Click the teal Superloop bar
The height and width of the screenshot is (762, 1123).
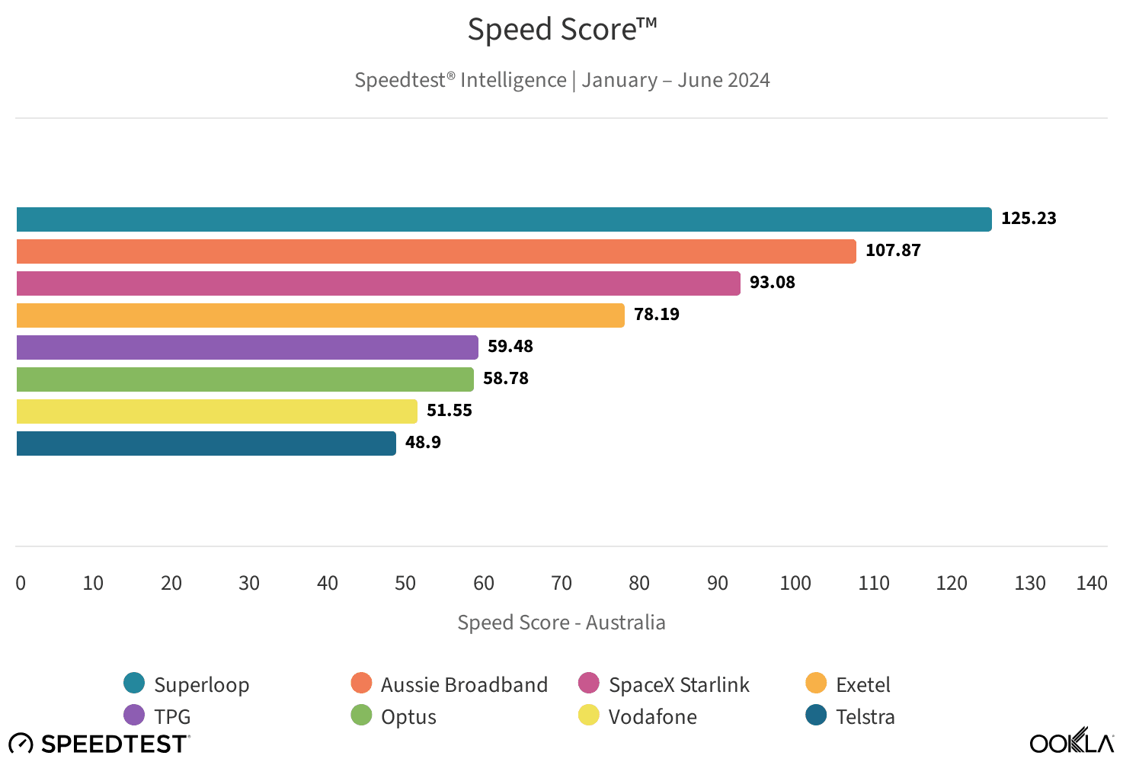[503, 219]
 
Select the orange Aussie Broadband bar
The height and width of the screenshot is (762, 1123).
[436, 251]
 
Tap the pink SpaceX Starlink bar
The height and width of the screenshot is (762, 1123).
[378, 283]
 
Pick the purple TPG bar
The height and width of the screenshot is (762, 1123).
[247, 347]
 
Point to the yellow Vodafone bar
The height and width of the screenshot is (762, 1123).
[216, 411]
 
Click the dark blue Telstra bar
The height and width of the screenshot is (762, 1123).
[206, 443]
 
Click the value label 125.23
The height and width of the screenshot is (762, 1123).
[1029, 219]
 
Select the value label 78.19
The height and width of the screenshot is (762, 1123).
[656, 315]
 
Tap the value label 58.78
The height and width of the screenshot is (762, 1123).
[505, 379]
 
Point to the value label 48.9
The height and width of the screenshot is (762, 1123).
[423, 443]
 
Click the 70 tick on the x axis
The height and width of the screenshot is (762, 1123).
[561, 584]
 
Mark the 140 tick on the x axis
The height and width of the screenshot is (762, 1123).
[1091, 584]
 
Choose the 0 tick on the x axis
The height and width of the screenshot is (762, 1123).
[21, 584]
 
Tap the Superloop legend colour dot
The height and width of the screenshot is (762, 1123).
[134, 684]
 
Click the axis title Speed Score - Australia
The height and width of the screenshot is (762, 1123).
[561, 623]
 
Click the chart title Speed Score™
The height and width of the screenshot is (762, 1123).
[561, 30]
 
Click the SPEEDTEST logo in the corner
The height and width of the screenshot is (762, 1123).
[99, 744]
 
